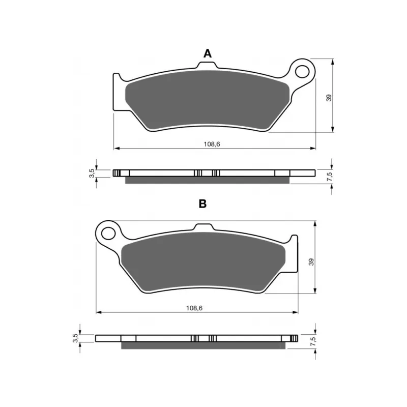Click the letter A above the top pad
(x=208, y=53)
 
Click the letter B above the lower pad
(x=202, y=204)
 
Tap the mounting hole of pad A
(x=302, y=71)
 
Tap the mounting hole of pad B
(x=108, y=233)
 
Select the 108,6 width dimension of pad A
(x=212, y=144)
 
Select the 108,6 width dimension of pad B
(x=194, y=308)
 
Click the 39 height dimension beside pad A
(x=329, y=98)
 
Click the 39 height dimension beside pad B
(x=311, y=261)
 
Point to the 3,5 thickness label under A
(x=92, y=173)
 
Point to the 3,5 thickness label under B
(x=75, y=338)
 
